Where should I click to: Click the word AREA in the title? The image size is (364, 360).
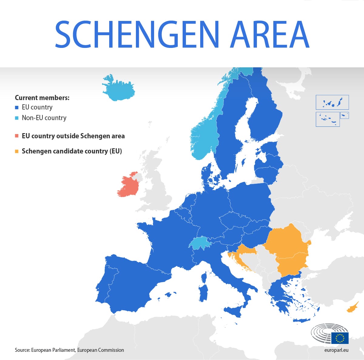point(270,34)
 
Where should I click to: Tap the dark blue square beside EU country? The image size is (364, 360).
point(17,107)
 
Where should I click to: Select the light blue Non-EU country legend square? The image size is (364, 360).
point(17,118)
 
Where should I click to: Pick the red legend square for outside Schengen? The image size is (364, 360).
point(17,136)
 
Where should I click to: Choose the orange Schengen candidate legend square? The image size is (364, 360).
point(17,151)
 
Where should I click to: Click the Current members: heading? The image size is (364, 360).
point(42,98)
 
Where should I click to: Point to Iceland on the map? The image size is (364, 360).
point(118,88)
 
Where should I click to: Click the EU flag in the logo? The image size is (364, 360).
point(340,338)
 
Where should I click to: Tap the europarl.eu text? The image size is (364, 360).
point(336,350)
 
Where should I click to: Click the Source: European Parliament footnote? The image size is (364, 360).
point(69,350)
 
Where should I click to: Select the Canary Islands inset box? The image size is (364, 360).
point(332,102)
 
